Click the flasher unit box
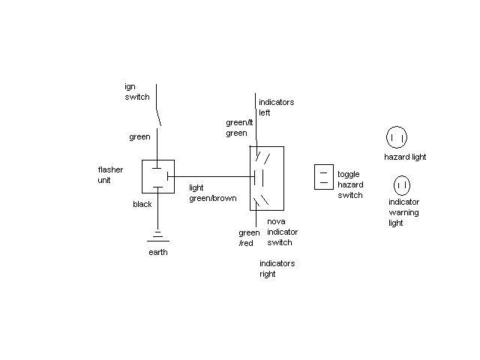pos(157,176)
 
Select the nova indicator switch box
pos(266,178)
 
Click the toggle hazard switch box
pos(323,177)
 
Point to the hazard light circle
pos(397,138)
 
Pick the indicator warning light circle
pos(401,184)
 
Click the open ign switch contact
pos(159,116)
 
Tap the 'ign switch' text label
pos(136,91)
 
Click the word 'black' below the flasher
pos(142,204)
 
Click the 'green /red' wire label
pos(249,238)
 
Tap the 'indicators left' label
pos(275,107)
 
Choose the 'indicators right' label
pos(277,268)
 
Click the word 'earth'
pos(157,252)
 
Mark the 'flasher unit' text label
pos(110,175)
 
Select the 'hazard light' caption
pos(405,157)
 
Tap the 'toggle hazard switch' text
pos(349,184)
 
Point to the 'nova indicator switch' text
pos(280,232)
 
